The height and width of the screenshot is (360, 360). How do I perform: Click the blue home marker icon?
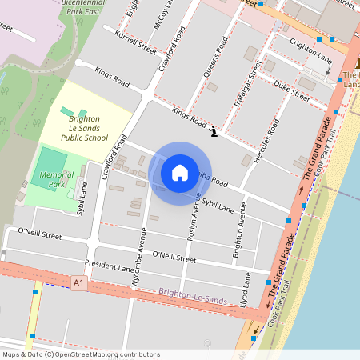coord(180,172)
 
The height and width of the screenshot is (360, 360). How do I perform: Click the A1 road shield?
coord(78,283)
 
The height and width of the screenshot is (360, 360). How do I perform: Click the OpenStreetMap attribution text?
coord(81,354)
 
